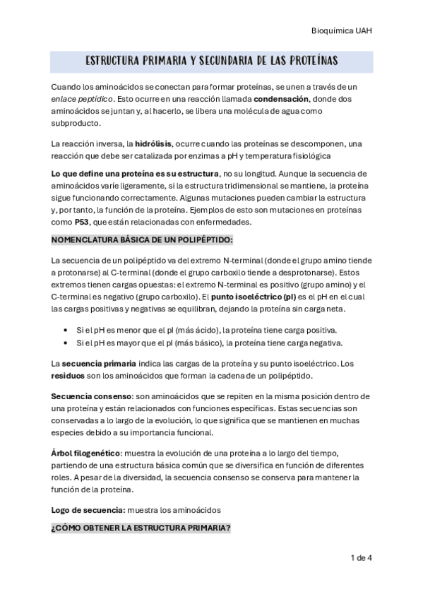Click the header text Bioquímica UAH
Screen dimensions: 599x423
pos(342,31)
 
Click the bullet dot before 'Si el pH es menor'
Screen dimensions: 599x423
pos(65,330)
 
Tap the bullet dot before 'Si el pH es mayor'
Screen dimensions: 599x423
pos(65,343)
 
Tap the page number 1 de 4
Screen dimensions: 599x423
pos(361,558)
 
